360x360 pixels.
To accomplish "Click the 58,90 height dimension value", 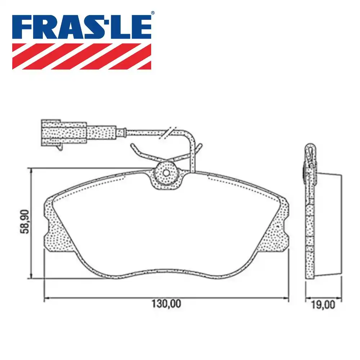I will pos(25,223).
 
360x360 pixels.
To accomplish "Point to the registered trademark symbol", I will pos(152,13).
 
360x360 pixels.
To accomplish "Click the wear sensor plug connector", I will pos(64,132).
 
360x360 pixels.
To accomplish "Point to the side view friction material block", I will pos(328,225).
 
